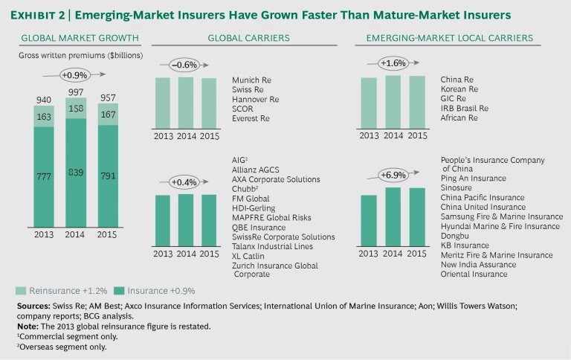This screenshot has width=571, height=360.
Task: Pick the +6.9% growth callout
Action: click(393, 176)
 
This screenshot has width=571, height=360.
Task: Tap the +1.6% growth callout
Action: click(393, 64)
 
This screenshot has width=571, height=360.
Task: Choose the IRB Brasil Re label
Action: click(464, 109)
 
